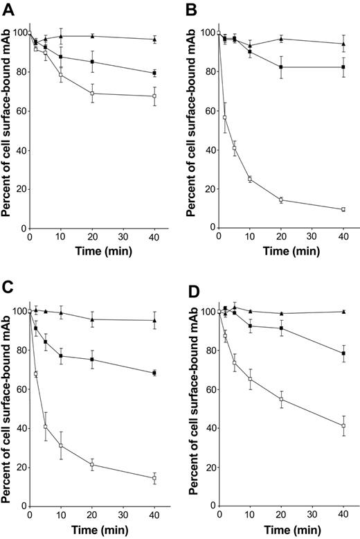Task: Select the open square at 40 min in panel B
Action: (343, 209)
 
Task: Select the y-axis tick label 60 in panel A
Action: (18, 111)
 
